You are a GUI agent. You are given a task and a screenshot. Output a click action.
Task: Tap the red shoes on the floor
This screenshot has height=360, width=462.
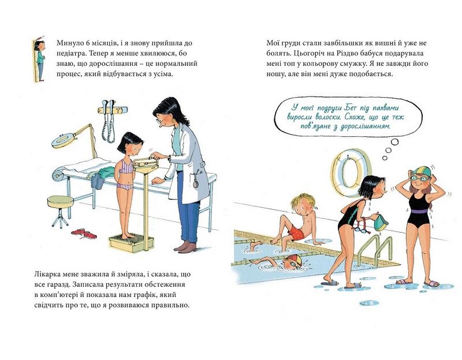[84, 233]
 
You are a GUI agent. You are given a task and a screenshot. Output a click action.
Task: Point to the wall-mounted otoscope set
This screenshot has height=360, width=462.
[112, 118]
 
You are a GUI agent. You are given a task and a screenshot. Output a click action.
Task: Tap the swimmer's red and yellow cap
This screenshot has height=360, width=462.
[295, 260]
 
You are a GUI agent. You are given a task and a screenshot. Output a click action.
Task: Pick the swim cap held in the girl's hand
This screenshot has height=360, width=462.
[381, 222]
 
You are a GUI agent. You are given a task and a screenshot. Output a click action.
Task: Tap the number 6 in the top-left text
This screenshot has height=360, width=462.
[88, 43]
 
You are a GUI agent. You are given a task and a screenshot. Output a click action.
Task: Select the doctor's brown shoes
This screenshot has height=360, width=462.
[185, 247]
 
